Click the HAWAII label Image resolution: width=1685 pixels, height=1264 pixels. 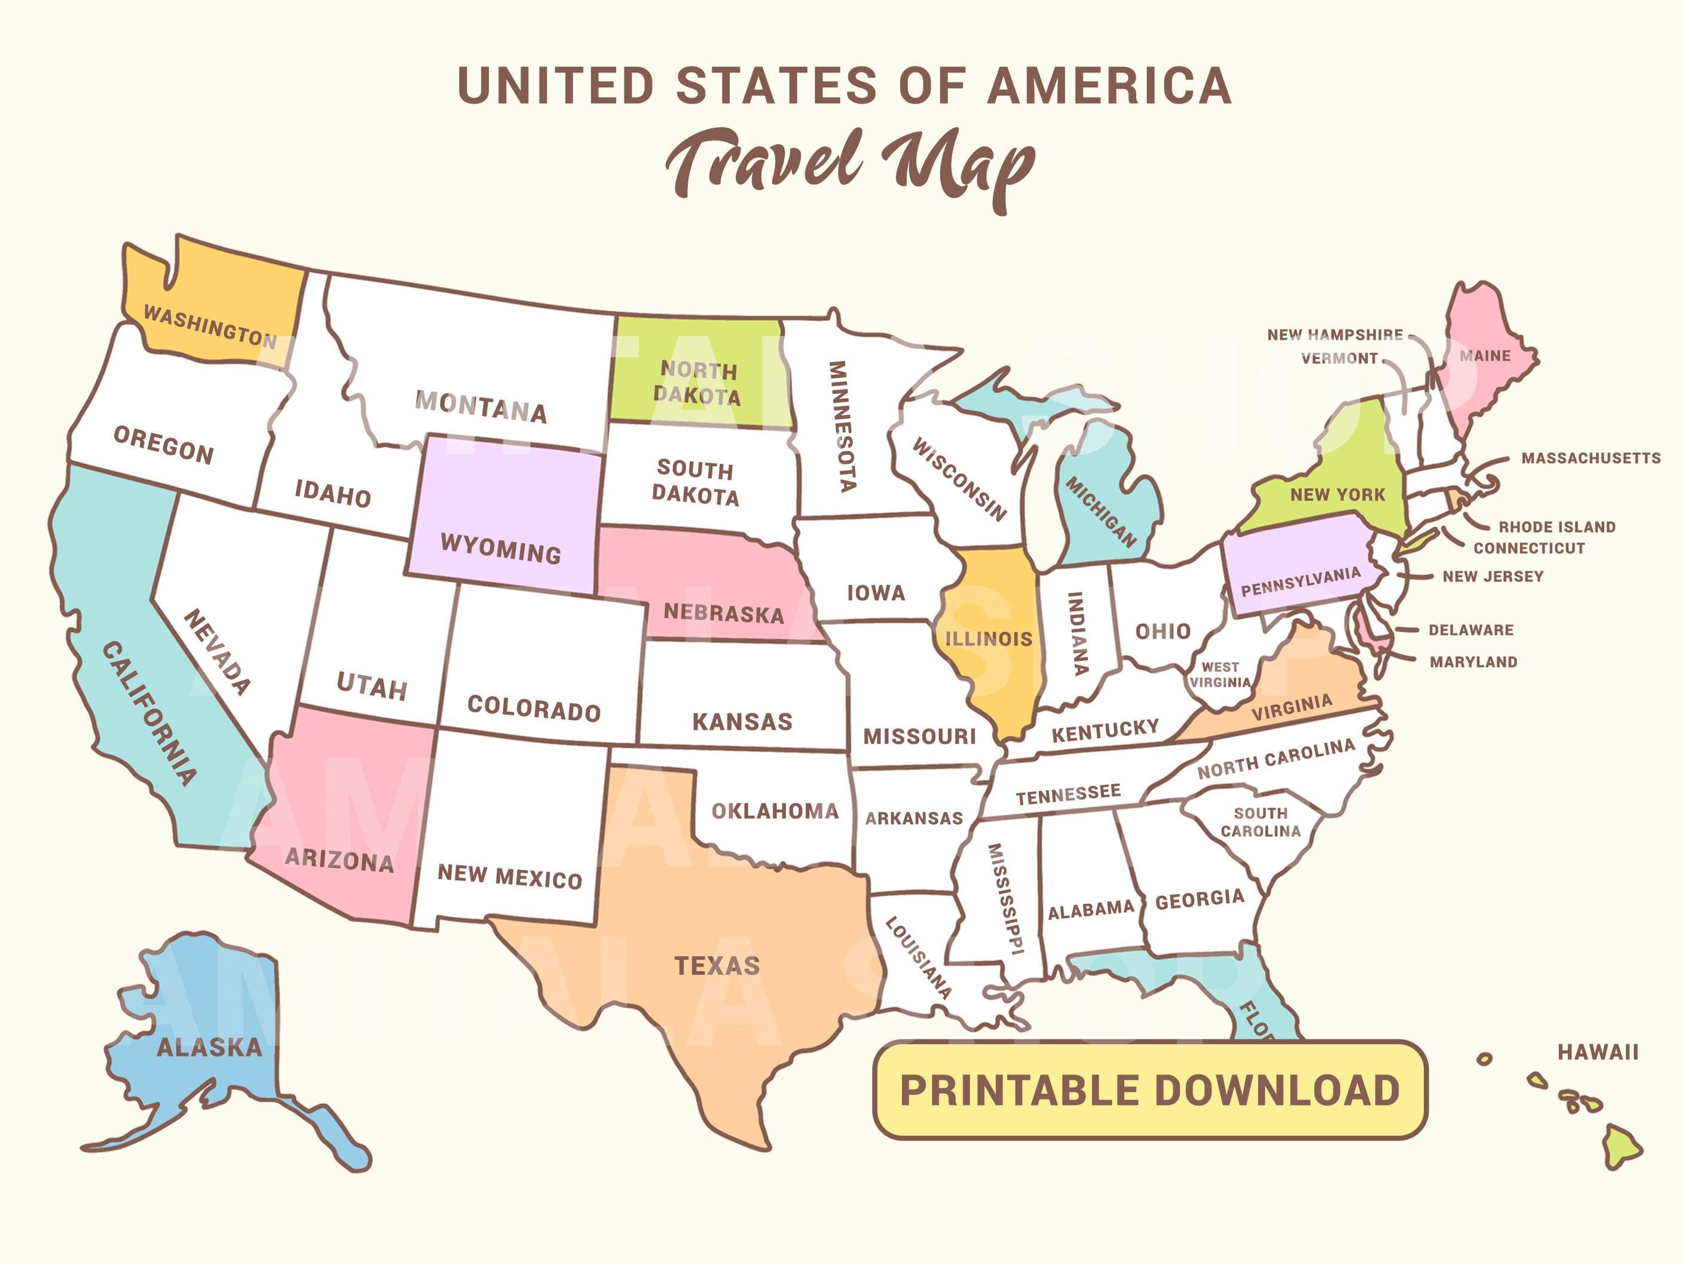coord(1597,1052)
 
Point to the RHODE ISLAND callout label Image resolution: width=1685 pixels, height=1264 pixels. coord(1557,527)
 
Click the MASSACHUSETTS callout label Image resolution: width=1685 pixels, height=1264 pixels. coord(1591,458)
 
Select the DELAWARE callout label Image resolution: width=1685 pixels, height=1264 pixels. coord(1471,631)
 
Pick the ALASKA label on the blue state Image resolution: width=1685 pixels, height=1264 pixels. coord(209,1048)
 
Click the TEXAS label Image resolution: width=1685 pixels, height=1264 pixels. coord(717,966)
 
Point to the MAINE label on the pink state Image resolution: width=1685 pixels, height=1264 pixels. coord(1485,356)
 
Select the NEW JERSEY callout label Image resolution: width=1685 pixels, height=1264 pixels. coord(1493,576)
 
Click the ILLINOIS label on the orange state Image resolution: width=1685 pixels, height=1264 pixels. coord(989,638)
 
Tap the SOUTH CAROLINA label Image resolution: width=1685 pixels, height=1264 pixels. coord(1261,822)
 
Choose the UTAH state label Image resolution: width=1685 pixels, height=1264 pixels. coord(372,687)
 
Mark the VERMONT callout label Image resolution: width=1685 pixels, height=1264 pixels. coord(1339,359)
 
